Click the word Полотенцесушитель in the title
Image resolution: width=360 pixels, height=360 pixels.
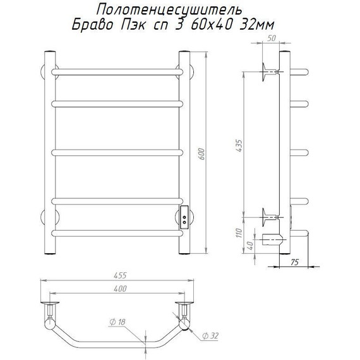click(x=169, y=10)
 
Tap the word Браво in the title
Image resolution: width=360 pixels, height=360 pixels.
click(x=92, y=25)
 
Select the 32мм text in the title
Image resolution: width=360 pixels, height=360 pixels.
click(x=256, y=25)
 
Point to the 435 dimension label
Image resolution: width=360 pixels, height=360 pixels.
click(x=239, y=145)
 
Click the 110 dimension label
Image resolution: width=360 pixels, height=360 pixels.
click(x=239, y=233)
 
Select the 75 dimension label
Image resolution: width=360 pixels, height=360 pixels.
click(x=294, y=262)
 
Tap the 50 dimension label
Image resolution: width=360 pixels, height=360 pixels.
click(x=271, y=39)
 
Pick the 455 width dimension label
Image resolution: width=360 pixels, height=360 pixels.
click(x=120, y=275)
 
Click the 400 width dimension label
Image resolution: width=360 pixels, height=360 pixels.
click(x=120, y=289)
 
